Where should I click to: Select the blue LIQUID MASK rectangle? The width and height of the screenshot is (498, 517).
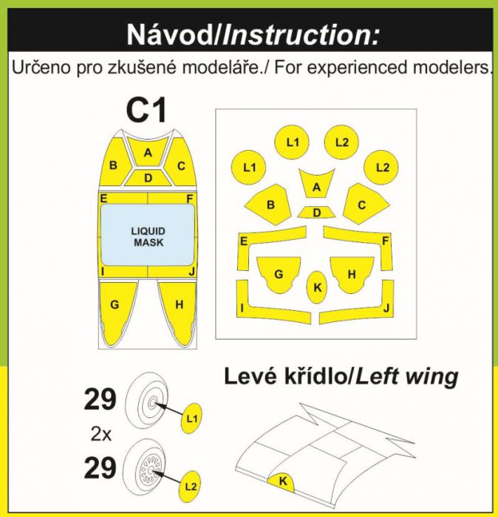(149, 236)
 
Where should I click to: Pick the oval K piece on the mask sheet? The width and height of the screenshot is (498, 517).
(317, 287)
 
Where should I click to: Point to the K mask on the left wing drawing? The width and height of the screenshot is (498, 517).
(283, 481)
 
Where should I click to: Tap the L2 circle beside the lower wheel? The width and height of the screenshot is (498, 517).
(191, 485)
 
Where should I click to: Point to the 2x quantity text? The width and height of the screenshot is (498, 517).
(100, 435)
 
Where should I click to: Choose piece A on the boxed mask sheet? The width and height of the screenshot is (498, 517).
(317, 188)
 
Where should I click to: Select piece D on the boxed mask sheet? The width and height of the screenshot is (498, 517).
(317, 213)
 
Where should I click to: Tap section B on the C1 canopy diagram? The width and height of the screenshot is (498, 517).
(114, 165)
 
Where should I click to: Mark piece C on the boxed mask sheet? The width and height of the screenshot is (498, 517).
(362, 205)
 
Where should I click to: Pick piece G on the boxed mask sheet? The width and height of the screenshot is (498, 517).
(278, 273)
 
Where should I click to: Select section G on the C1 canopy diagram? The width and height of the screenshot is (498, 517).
(115, 304)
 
